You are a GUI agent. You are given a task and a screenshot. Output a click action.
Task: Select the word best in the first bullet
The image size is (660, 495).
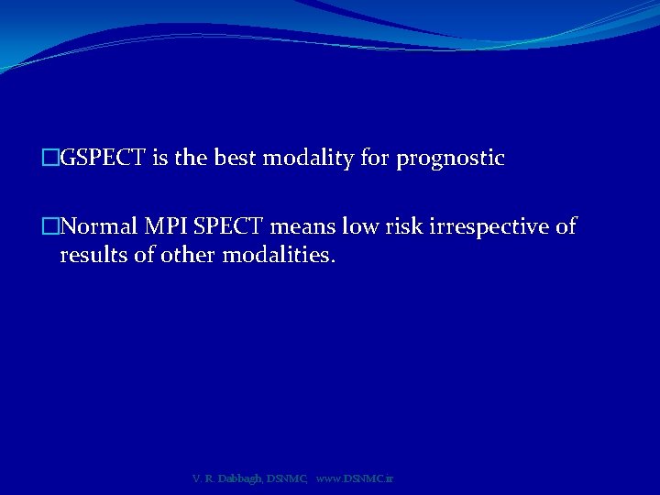point(236,159)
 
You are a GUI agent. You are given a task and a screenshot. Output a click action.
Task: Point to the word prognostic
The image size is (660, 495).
point(450,159)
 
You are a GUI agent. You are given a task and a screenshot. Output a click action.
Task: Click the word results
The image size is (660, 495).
point(93,255)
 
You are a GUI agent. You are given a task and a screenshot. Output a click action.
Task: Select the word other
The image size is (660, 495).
point(184,255)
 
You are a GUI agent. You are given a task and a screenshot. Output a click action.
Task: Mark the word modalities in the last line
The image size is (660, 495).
point(275,255)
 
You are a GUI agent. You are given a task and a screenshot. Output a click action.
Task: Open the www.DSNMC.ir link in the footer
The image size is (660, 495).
point(354,478)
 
